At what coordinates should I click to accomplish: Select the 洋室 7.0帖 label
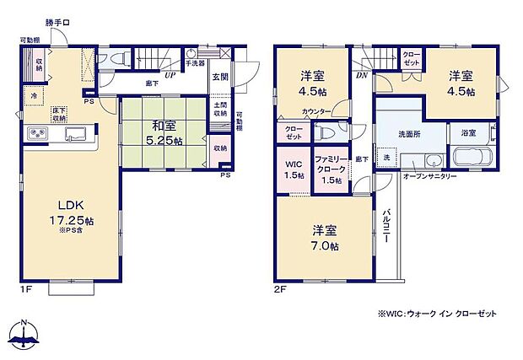coord(325,237)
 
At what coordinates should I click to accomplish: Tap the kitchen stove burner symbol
coord(39,134)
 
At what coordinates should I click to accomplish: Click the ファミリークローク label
coord(330,169)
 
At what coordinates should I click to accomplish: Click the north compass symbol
coord(25,335)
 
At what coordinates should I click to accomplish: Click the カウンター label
coord(314,110)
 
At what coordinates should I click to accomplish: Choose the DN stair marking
coord(361,74)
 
